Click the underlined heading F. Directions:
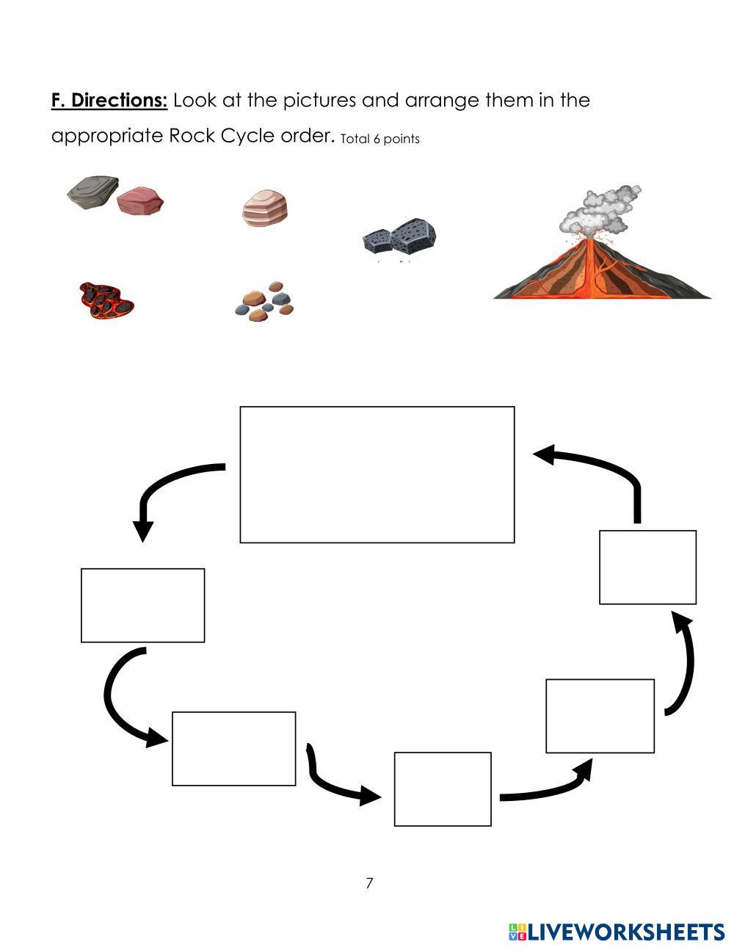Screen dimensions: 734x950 tap(109, 100)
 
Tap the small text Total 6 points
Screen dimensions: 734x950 tap(380, 139)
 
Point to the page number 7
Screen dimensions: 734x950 tap(369, 883)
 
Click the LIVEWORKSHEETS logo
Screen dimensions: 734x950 tap(617, 932)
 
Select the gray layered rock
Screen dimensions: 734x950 tap(92, 192)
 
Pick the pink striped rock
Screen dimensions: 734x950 tap(265, 208)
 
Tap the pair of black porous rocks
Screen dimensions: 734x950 tap(399, 239)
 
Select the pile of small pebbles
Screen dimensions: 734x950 tap(264, 302)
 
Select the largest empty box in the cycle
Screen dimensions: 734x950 tap(377, 474)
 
